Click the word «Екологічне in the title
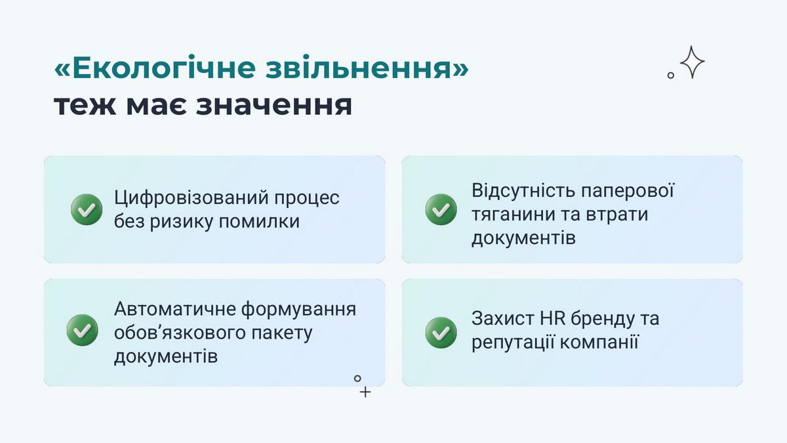point(155,68)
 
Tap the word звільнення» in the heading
point(367,67)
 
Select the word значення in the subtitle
point(274,105)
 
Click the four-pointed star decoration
point(692,62)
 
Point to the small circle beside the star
point(671,75)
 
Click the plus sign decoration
point(365,392)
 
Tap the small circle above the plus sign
point(357,378)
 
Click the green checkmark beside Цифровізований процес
point(87,209)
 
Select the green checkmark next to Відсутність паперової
point(441,209)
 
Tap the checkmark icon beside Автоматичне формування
point(82,330)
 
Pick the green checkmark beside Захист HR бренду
point(441,333)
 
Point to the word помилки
point(259,222)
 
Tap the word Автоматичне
point(175,309)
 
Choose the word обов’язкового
point(180,333)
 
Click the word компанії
point(599,342)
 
